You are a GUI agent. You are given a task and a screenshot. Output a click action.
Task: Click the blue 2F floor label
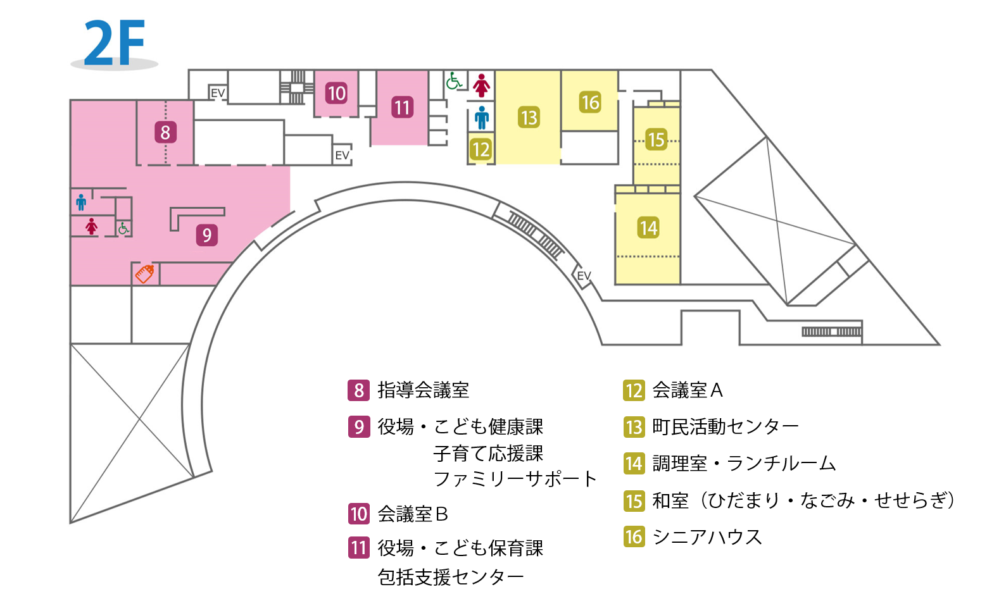(x=114, y=43)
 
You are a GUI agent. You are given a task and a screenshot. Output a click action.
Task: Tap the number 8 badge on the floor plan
(x=166, y=132)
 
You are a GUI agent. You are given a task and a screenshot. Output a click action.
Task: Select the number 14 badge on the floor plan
(x=648, y=228)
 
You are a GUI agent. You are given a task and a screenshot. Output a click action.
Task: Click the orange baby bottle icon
(x=144, y=273)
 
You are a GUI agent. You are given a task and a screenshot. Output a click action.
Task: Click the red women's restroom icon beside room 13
(x=481, y=85)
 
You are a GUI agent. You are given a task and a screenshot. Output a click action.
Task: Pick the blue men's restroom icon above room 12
(x=482, y=118)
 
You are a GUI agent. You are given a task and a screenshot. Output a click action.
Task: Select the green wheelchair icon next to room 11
(x=453, y=81)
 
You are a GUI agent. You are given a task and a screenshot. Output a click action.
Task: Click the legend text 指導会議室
(x=423, y=390)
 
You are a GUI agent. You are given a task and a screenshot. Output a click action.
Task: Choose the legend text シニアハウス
(x=707, y=536)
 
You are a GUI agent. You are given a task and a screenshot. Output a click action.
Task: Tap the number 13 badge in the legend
(x=634, y=427)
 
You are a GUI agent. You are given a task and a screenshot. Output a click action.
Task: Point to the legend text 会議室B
(x=413, y=514)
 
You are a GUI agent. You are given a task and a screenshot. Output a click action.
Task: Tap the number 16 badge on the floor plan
(x=590, y=102)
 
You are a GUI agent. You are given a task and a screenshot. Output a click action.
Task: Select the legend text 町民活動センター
(x=726, y=426)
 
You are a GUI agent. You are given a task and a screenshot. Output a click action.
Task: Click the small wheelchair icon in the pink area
(x=123, y=228)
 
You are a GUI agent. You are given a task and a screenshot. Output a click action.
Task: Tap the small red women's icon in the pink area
(x=91, y=226)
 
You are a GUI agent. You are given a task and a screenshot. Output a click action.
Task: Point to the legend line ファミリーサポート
(x=515, y=479)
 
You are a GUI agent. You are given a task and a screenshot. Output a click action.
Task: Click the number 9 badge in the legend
(x=359, y=427)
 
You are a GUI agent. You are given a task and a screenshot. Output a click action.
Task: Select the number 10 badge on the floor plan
(x=336, y=94)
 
